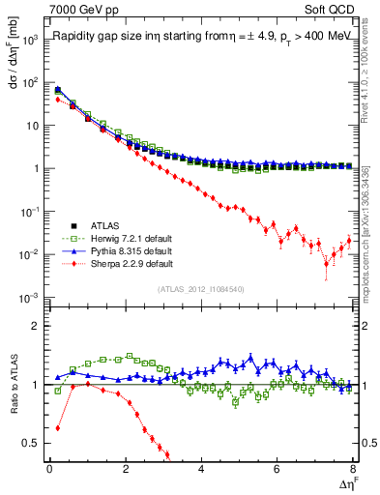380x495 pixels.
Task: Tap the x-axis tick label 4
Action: (201, 470)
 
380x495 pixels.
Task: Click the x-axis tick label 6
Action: (277, 470)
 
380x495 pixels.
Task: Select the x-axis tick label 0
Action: (49, 470)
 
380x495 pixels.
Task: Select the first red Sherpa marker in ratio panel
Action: (58, 427)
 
